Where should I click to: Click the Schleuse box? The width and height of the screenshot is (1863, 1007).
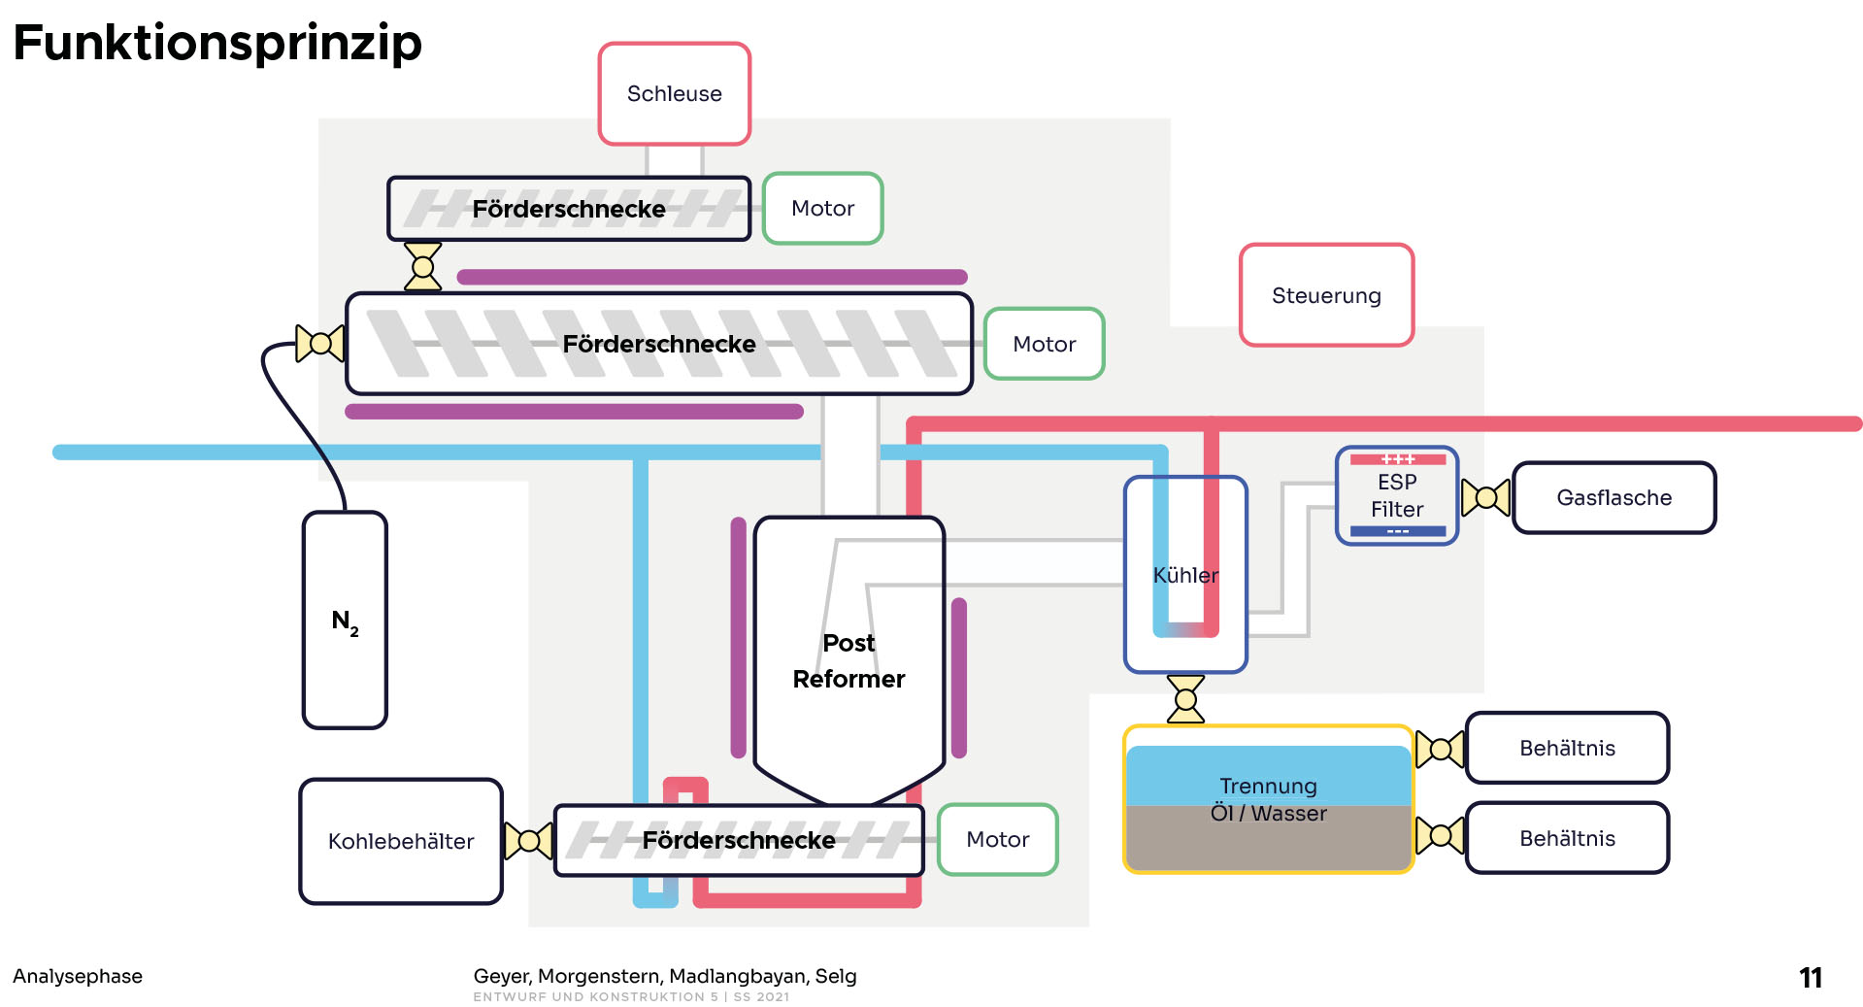tap(675, 94)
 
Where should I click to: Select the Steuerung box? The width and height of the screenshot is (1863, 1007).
tap(1326, 295)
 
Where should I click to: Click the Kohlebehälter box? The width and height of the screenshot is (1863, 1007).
tap(401, 842)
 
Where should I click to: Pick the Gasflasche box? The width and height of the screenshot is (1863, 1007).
tap(1613, 498)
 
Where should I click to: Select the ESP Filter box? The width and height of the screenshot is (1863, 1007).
tap(1397, 496)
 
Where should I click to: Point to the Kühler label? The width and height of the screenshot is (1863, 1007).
tap(1185, 575)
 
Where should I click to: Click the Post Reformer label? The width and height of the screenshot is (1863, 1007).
tap(848, 661)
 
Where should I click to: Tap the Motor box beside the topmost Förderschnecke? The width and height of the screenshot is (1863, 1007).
tap(822, 209)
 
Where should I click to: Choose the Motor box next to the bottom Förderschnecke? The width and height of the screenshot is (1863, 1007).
tap(997, 840)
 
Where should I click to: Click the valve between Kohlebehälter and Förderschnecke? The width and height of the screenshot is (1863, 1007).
tap(529, 841)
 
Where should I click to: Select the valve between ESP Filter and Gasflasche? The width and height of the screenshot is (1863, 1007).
tap(1485, 498)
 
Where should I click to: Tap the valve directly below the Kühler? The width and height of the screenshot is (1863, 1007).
tap(1185, 699)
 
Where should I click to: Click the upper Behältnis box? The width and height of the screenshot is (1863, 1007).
tap(1567, 749)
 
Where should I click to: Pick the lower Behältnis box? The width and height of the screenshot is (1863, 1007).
tap(1567, 838)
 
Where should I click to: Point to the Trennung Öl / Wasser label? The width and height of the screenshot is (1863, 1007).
tap(1268, 799)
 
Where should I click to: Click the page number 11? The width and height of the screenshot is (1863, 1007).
tap(1810, 978)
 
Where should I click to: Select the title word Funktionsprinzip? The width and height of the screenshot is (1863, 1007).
tap(217, 43)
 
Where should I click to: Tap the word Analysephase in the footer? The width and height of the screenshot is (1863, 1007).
tap(78, 976)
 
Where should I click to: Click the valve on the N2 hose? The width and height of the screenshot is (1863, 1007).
tap(319, 343)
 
